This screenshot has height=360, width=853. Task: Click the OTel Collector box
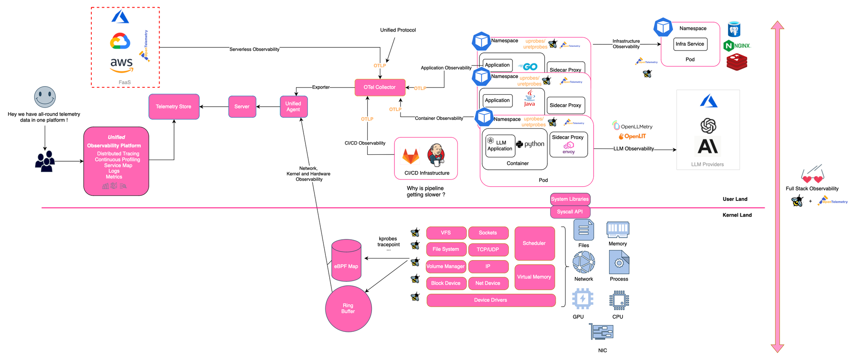point(380,87)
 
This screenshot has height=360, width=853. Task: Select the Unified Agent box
point(293,107)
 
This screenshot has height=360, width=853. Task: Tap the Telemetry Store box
point(174,107)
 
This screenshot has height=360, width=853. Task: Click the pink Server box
point(242,107)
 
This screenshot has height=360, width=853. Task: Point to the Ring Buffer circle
point(348,308)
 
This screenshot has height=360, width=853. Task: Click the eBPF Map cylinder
point(346,261)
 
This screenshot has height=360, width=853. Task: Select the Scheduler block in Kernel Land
point(534,243)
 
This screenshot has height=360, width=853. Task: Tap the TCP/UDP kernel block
point(488,250)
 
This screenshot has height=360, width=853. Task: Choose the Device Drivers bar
point(490,300)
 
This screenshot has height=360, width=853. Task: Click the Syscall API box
point(570,212)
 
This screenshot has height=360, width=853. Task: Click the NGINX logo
point(737,46)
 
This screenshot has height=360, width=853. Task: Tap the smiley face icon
point(45,97)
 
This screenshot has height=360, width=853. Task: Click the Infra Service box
point(690,44)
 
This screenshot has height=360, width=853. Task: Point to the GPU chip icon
point(582,299)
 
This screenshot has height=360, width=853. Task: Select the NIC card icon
point(601,331)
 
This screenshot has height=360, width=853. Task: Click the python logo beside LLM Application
point(530,144)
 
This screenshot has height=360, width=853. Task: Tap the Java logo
point(529,99)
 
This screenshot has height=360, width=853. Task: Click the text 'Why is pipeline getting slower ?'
point(425,192)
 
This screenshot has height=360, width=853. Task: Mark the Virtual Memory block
point(534,277)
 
